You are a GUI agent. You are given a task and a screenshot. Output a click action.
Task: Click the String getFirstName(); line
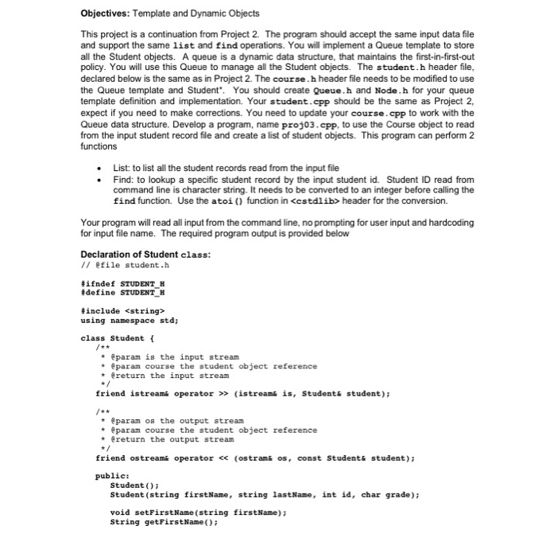[164, 522]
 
